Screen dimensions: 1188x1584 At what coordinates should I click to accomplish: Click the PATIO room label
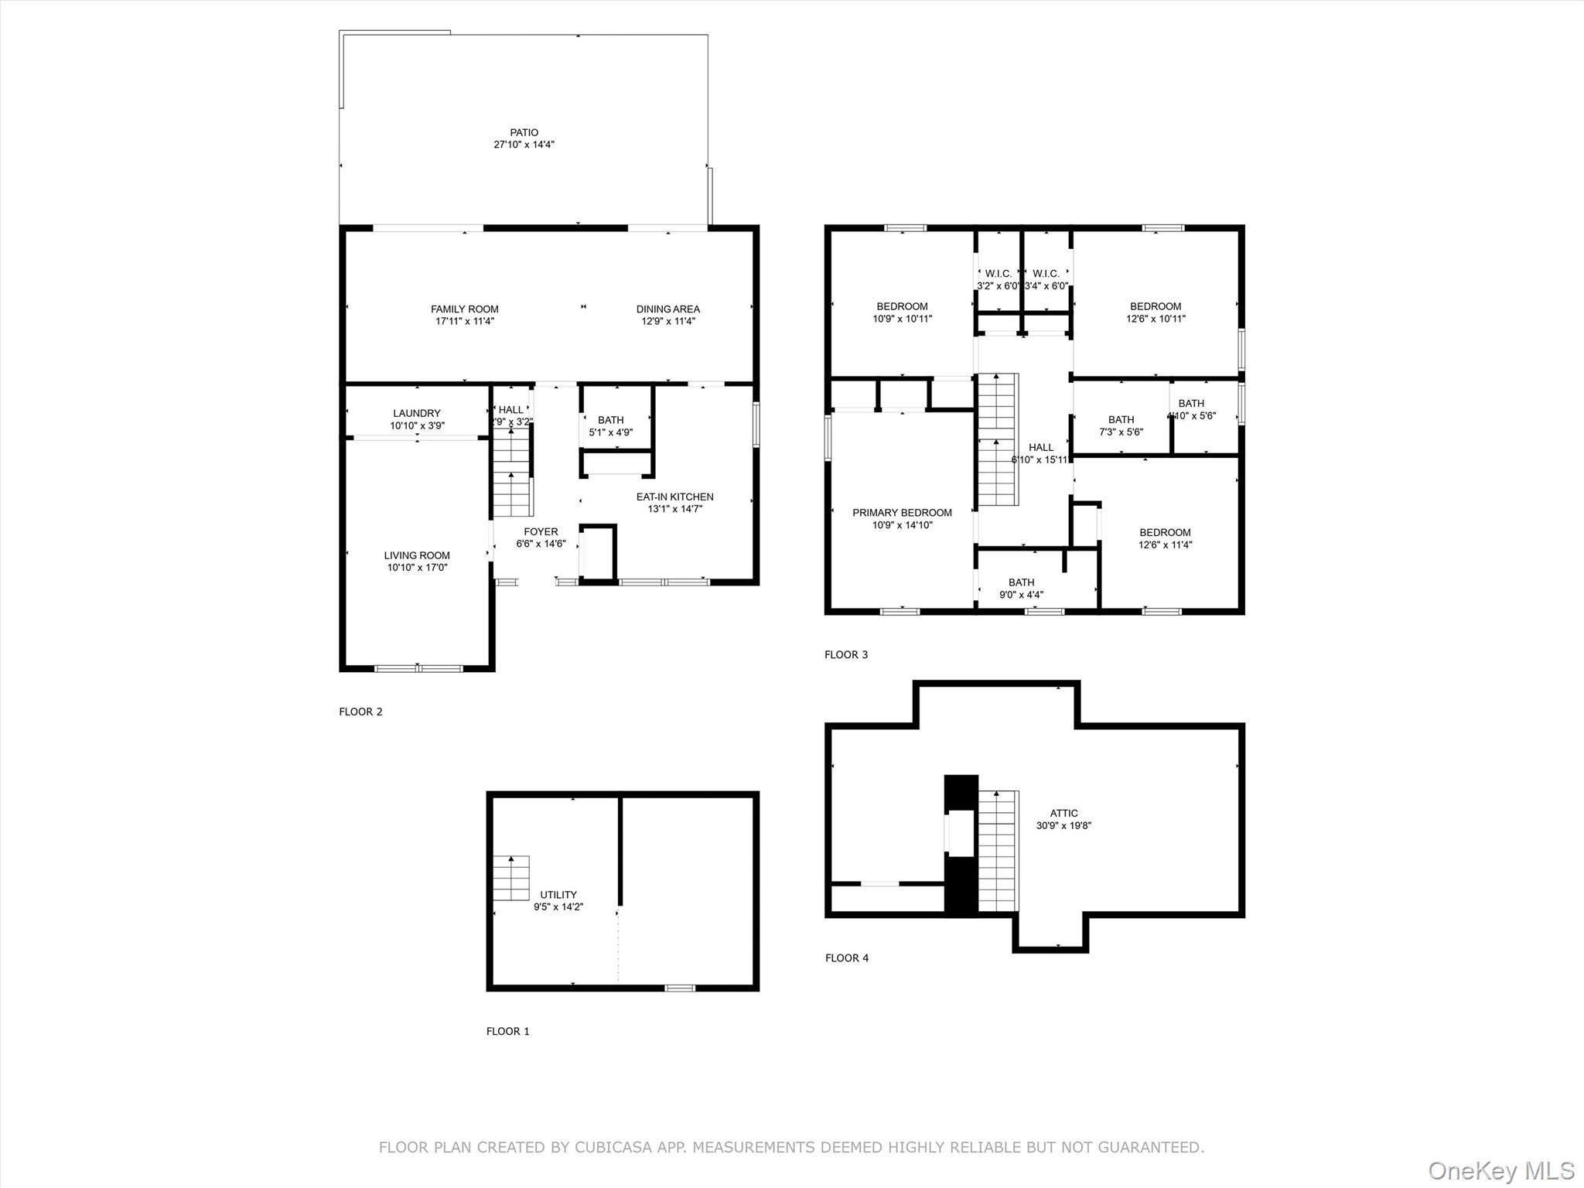click(524, 133)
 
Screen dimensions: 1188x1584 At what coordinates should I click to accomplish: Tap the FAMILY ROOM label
click(464, 309)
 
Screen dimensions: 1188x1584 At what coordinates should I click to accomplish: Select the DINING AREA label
click(667, 309)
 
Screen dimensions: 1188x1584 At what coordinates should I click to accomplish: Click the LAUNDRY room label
click(416, 414)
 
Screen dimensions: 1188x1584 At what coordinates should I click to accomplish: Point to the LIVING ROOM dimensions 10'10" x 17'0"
click(417, 568)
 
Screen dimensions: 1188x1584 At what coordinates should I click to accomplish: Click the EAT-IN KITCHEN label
click(674, 497)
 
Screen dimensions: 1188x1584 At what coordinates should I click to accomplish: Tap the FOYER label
click(541, 532)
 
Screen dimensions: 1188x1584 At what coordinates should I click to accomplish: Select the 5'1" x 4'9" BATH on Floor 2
click(610, 426)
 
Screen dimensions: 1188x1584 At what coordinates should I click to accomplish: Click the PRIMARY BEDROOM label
click(902, 513)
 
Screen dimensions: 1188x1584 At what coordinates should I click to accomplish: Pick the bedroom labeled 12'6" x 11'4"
click(1165, 538)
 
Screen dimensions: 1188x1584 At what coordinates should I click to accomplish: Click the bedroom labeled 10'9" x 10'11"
click(902, 312)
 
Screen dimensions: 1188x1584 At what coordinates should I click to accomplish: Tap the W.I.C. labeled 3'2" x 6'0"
click(998, 279)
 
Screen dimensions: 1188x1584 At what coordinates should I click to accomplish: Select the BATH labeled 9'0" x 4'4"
click(1021, 589)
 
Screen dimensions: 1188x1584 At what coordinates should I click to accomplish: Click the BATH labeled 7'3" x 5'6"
click(1121, 425)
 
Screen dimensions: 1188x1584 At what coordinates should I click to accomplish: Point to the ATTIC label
click(1063, 814)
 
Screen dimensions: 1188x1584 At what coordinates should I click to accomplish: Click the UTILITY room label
click(558, 895)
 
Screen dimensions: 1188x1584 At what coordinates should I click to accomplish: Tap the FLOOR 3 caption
click(846, 655)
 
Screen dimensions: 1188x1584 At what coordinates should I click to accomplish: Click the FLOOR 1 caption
click(508, 1031)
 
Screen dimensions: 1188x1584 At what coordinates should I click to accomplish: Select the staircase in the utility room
click(511, 878)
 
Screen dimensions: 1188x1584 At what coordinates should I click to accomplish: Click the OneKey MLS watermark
click(1500, 1170)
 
